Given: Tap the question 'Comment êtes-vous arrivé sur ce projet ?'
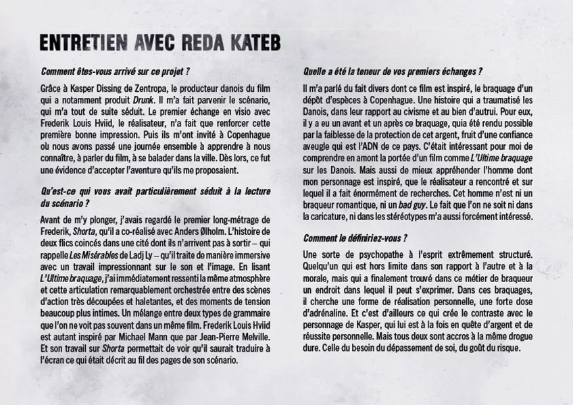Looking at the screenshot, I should [115, 70].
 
